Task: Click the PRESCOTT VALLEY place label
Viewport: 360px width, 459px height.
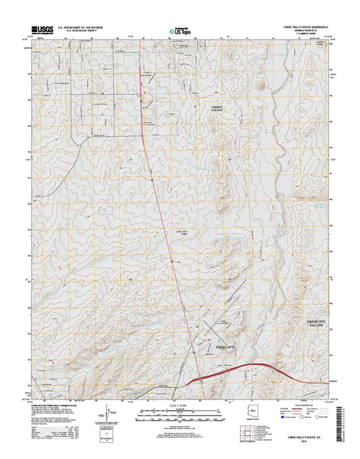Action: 316,301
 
